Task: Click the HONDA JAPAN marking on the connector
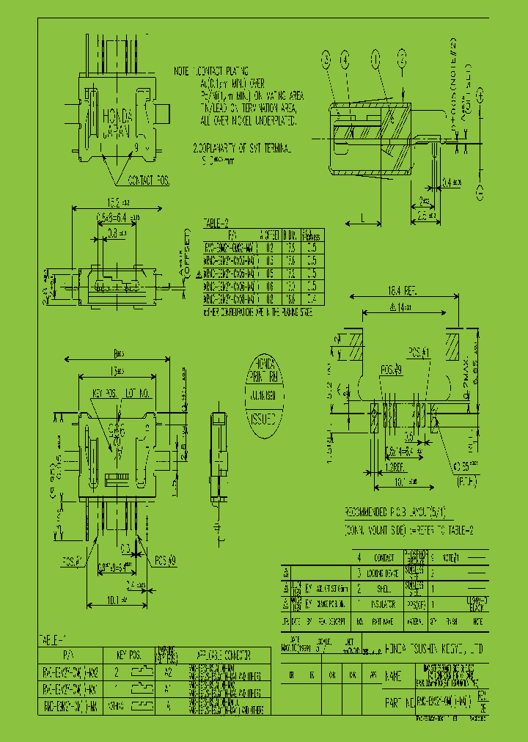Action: (117, 125)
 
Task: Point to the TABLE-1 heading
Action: (55, 638)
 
